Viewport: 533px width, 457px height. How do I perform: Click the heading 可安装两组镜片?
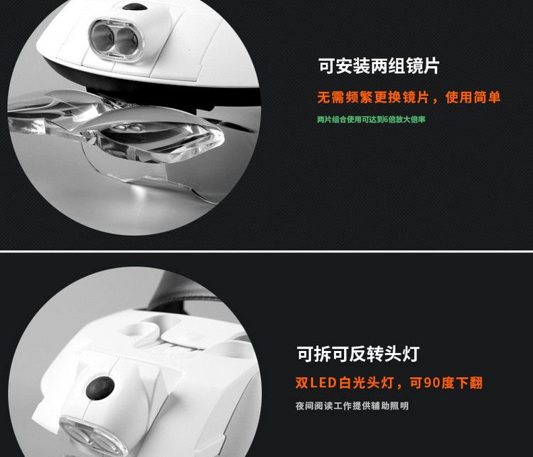379,65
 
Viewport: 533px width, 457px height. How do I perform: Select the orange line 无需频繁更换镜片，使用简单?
409,98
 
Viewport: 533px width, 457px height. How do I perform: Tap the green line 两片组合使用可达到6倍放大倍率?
371,120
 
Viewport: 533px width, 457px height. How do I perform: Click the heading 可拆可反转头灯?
358,354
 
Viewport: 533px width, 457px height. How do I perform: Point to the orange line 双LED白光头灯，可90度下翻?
389,383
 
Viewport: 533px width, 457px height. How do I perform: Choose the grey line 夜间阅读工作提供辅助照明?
352,406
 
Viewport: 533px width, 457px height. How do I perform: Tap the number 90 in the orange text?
431,383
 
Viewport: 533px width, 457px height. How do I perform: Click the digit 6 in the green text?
385,120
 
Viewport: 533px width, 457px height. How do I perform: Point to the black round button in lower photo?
100,388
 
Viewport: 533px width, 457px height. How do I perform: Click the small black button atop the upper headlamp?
134,6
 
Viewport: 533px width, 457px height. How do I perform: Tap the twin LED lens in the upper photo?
115,39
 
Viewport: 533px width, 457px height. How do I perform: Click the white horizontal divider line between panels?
266,251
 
